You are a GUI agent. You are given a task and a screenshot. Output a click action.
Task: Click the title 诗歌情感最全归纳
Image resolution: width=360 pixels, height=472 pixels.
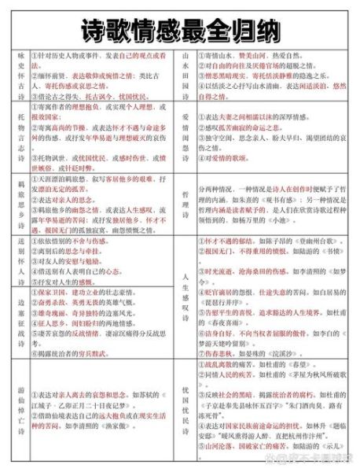click(x=179, y=29)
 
